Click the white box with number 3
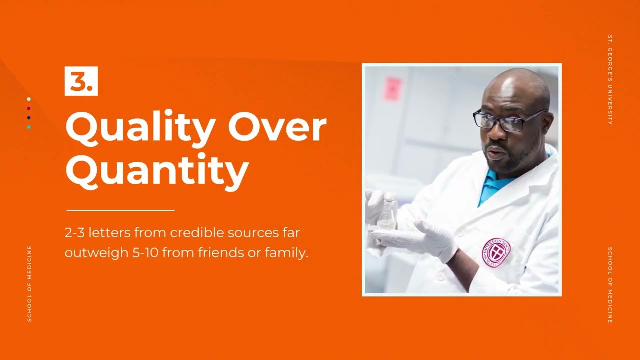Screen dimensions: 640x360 click(81, 81)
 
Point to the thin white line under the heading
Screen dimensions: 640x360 click(120, 211)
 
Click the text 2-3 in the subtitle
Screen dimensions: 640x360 click(75, 233)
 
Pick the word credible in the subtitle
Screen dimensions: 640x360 click(197, 233)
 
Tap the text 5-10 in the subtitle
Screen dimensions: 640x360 click(145, 253)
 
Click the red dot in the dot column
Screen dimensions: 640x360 click(29, 108)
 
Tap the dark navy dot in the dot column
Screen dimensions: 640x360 click(29, 118)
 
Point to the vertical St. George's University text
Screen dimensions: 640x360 click(610, 80)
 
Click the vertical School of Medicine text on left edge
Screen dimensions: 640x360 click(29, 284)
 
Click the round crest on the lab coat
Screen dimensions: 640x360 click(496, 253)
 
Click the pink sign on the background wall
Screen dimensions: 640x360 click(392, 88)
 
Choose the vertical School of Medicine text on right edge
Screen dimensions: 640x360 click(610, 285)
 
